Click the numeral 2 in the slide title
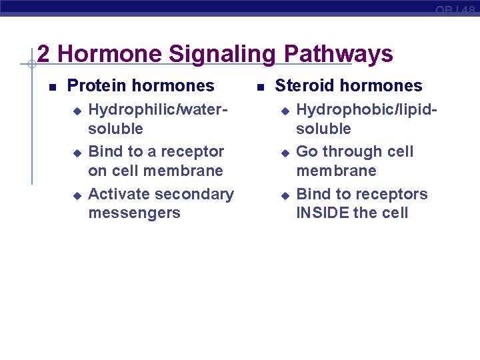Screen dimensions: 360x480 (x=45, y=54)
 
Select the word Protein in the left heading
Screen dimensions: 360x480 (x=98, y=86)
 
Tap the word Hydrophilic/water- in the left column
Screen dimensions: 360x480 (x=158, y=109)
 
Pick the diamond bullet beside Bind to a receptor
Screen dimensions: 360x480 (x=77, y=153)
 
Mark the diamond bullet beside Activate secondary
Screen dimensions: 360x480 (x=77, y=195)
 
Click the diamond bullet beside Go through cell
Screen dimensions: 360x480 (x=285, y=153)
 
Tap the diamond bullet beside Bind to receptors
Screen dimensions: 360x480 (x=285, y=195)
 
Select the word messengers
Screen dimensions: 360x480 (x=134, y=213)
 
